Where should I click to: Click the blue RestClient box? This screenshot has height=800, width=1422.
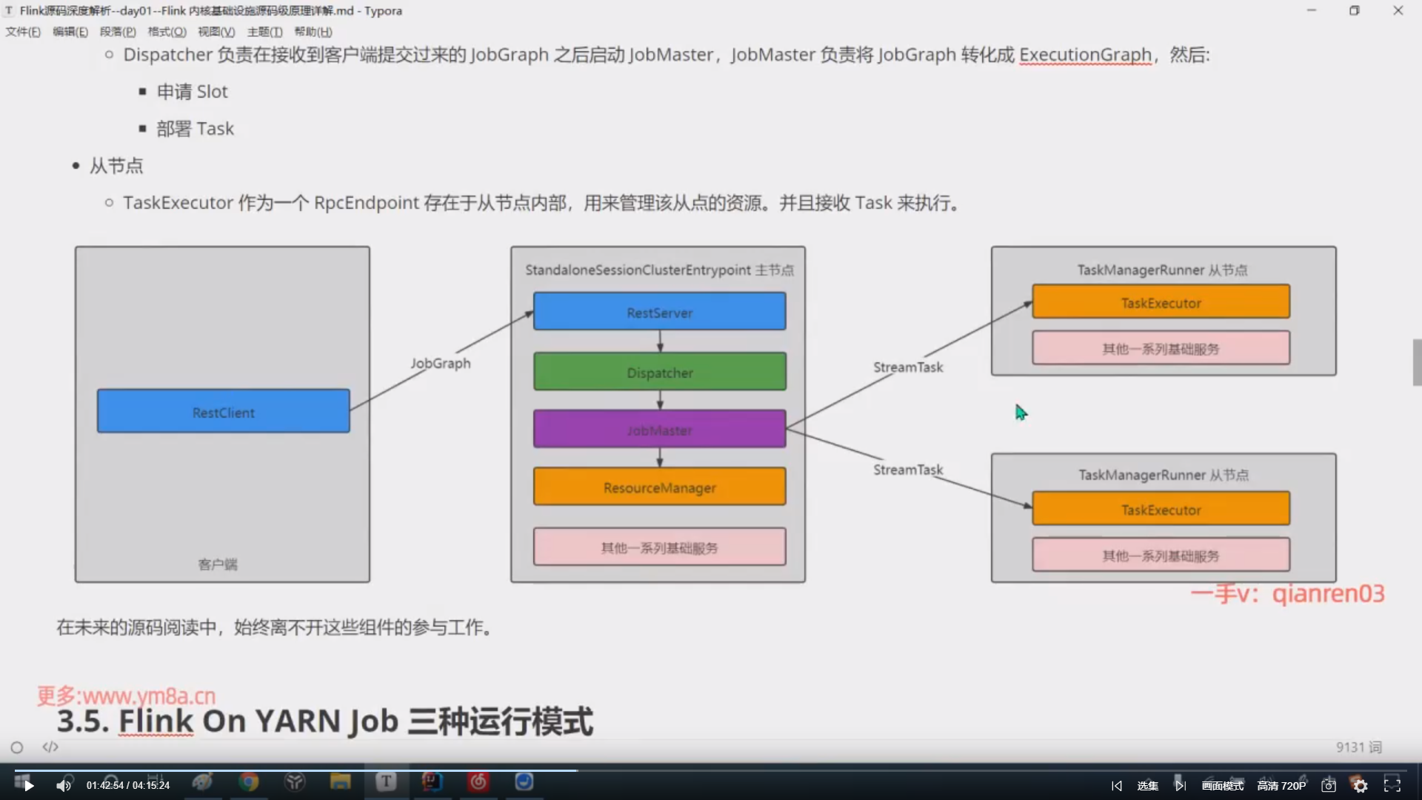[223, 411]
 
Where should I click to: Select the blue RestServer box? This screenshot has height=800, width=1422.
[659, 312]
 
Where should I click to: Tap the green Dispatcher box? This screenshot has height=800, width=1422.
[659, 372]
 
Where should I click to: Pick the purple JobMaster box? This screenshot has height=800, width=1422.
[659, 430]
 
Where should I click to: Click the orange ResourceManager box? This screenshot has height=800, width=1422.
[659, 487]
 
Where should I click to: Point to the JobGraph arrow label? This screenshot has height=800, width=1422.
[441, 363]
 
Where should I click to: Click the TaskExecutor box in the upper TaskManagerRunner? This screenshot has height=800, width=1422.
[1161, 302]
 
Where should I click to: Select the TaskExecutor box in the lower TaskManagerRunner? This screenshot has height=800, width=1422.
[1161, 510]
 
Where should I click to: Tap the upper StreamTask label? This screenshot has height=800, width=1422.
[908, 367]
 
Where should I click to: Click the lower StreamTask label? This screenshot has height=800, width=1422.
[908, 470]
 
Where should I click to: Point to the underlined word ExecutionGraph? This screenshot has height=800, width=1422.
[1085, 55]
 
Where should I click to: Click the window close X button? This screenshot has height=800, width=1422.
[1398, 10]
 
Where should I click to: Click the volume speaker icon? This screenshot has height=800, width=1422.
[64, 785]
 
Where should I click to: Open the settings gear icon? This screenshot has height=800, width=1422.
[1361, 785]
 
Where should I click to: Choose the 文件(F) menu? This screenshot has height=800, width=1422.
[23, 32]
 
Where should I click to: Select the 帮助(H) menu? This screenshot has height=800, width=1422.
[313, 32]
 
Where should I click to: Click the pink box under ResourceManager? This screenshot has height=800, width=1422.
[659, 547]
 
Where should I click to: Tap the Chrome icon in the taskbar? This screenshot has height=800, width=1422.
[249, 782]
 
